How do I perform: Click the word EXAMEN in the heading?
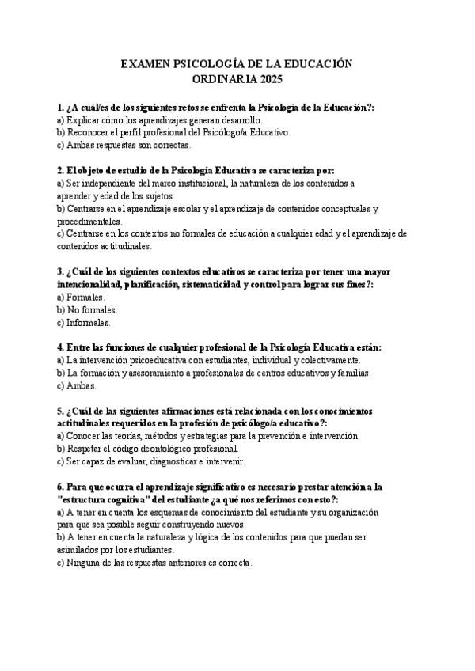(x=147, y=64)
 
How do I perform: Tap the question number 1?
(x=60, y=108)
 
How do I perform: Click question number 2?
(x=60, y=170)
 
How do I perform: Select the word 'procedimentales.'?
(x=89, y=221)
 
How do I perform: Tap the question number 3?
(x=60, y=271)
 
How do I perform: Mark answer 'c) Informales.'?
(x=84, y=322)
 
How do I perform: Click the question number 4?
(x=60, y=347)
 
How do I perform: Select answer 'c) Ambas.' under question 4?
(x=77, y=385)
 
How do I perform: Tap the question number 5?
(x=60, y=411)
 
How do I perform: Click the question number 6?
(x=60, y=487)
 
